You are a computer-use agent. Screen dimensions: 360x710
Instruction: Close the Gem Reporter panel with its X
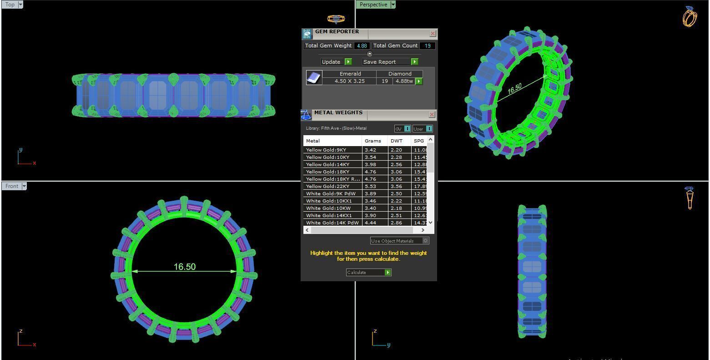(433, 33)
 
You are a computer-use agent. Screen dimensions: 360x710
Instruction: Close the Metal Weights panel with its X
(432, 114)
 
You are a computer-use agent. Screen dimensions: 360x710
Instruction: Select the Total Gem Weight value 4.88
(362, 46)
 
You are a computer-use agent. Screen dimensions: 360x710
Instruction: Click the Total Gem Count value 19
(427, 46)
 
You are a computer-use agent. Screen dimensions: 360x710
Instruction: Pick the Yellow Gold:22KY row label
(327, 186)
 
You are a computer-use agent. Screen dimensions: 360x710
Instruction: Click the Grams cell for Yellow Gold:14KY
(370, 164)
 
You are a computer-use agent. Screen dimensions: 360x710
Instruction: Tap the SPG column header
(418, 141)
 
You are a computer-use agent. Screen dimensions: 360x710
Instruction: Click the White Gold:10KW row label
(328, 208)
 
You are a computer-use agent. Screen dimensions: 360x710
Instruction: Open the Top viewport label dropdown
(20, 5)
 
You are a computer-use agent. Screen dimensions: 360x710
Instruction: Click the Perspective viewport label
(373, 5)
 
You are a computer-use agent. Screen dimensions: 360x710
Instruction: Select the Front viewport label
(12, 186)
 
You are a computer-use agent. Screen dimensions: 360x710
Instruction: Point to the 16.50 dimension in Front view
(185, 267)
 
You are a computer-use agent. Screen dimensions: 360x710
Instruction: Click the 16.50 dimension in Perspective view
(514, 89)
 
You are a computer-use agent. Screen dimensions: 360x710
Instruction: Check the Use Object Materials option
(426, 241)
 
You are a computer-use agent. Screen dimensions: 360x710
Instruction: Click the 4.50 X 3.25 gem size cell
(349, 81)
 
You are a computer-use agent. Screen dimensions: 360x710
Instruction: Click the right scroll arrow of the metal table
(423, 230)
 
